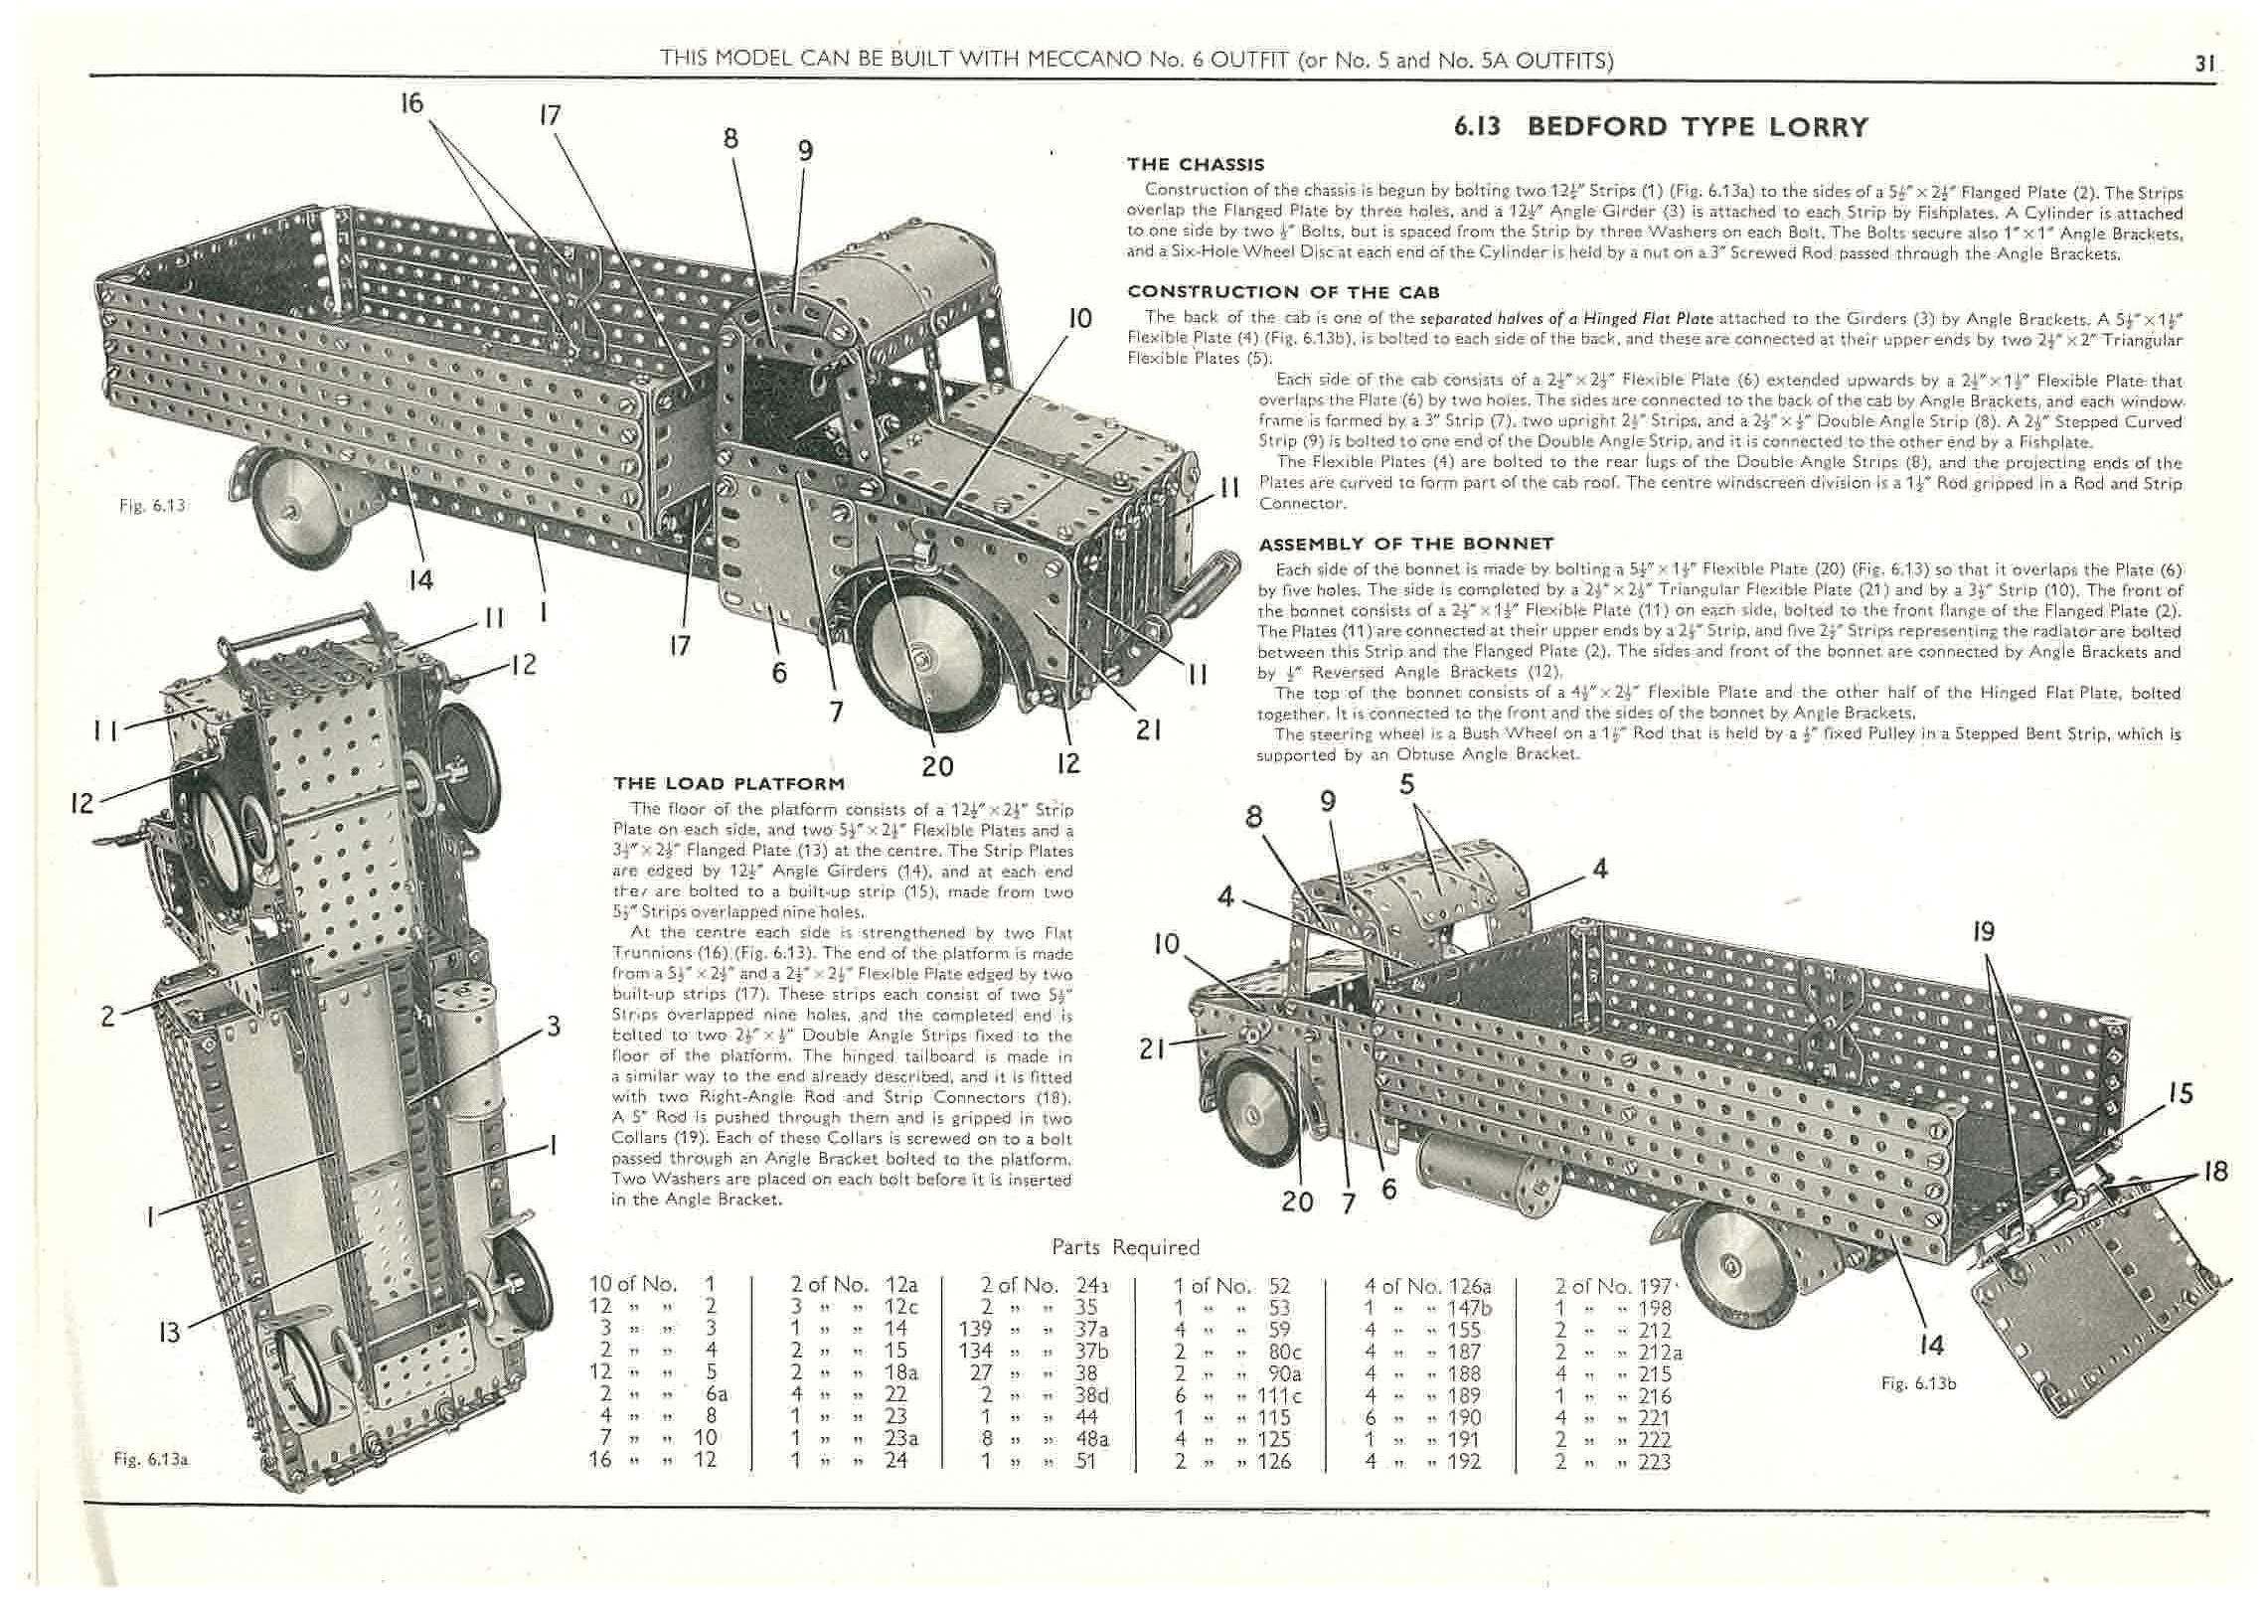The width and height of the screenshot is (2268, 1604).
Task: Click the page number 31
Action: [2204, 63]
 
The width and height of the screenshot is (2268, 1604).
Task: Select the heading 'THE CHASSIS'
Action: [1196, 165]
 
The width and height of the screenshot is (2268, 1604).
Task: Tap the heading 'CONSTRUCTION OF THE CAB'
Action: [1283, 292]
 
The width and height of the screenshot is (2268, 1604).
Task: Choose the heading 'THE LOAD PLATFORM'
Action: [729, 783]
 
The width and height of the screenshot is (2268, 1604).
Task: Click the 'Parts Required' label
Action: [1125, 1247]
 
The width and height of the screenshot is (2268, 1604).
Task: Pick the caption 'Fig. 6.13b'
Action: [1918, 1383]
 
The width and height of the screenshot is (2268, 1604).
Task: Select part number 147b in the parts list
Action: [1466, 1307]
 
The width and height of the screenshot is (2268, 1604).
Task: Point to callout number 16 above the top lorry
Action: [411, 103]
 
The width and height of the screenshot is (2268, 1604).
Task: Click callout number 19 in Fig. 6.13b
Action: [1984, 932]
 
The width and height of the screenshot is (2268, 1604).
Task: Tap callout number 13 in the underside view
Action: [170, 1331]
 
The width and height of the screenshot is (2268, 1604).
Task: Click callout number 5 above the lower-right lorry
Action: [1406, 785]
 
